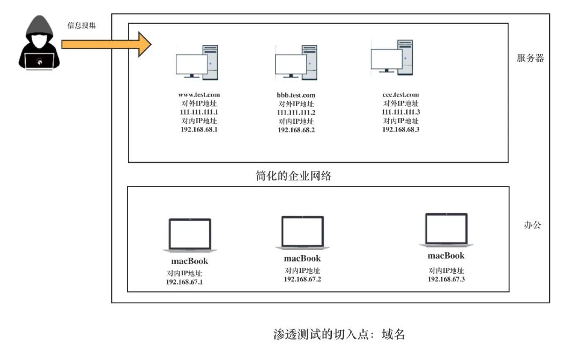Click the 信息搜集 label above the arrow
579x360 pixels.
(x=81, y=25)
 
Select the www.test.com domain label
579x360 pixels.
(x=199, y=95)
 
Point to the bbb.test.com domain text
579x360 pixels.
(x=296, y=95)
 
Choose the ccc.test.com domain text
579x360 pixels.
(x=400, y=95)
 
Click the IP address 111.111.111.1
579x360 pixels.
(x=199, y=112)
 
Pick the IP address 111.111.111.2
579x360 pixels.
(x=296, y=112)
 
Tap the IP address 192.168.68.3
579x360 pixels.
(x=400, y=129)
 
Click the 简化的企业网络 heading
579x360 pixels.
(x=293, y=176)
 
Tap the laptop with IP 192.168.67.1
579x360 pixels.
(x=190, y=235)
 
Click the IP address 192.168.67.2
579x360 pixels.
(x=302, y=279)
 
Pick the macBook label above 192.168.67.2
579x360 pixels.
(x=302, y=259)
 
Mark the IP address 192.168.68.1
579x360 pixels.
(x=199, y=130)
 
